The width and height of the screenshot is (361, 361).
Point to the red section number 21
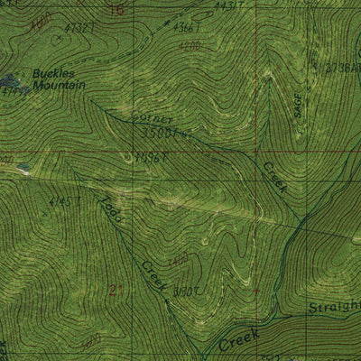pyautogui.click(x=115, y=290)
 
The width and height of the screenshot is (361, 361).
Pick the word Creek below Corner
pyautogui.click(x=273, y=177)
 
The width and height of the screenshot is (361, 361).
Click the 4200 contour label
pyautogui.click(x=188, y=45)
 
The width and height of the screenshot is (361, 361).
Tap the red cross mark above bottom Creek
pyautogui.click(x=257, y=291)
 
